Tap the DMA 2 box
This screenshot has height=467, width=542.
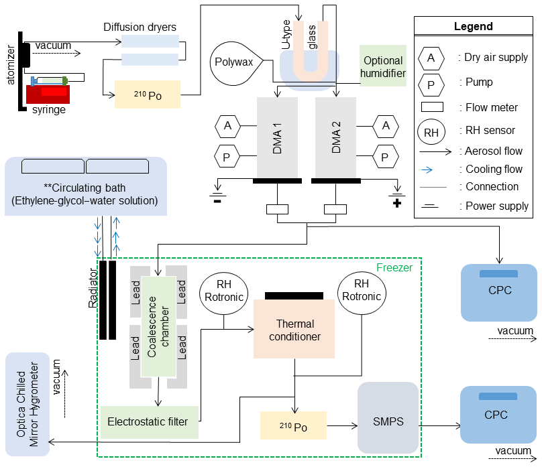(335, 138)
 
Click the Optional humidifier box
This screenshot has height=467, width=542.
(383, 66)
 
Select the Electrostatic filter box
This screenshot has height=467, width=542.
(150, 421)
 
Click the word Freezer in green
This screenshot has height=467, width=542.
(394, 267)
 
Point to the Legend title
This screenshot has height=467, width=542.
(473, 27)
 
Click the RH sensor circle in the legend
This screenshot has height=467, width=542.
(431, 131)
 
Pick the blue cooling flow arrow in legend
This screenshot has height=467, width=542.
(431, 170)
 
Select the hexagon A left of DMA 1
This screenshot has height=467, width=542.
(228, 125)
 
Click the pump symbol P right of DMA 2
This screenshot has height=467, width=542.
(385, 157)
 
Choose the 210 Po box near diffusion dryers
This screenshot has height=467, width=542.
(148, 94)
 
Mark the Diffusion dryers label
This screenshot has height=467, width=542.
(140, 27)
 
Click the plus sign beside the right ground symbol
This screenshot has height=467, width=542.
(397, 202)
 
